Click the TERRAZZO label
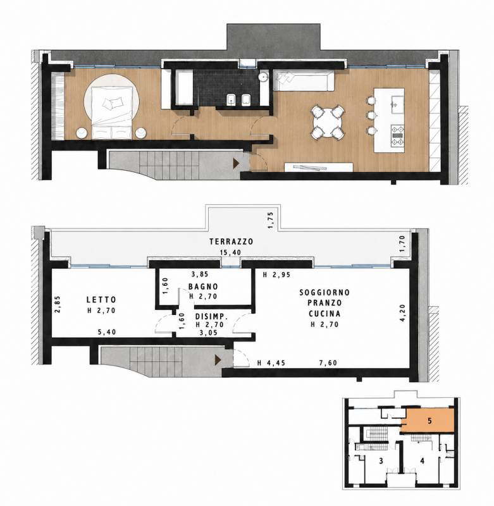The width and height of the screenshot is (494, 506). [x=231, y=242]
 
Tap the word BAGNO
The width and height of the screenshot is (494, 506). [x=203, y=287]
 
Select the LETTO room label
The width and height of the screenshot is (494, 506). [x=101, y=300]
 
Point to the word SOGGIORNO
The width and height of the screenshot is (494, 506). [x=324, y=292]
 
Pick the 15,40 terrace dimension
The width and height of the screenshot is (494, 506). [x=230, y=252]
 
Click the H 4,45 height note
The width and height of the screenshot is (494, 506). [x=271, y=363]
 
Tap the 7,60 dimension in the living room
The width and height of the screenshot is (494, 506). [x=328, y=363]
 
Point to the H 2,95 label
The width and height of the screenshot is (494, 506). [x=276, y=275]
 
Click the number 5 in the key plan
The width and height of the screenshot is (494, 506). [x=429, y=421]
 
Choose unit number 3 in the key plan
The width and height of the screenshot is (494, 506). [x=381, y=461]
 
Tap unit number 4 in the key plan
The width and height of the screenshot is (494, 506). [x=422, y=461]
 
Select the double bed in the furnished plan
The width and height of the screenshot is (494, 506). [x=112, y=113]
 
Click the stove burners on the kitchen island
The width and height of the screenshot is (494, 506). [x=397, y=136]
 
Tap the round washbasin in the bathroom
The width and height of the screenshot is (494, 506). [x=264, y=77]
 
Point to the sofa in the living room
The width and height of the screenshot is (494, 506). [x=304, y=80]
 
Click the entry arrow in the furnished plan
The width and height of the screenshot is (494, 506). [x=237, y=163]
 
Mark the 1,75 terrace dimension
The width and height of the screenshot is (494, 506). [x=271, y=220]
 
